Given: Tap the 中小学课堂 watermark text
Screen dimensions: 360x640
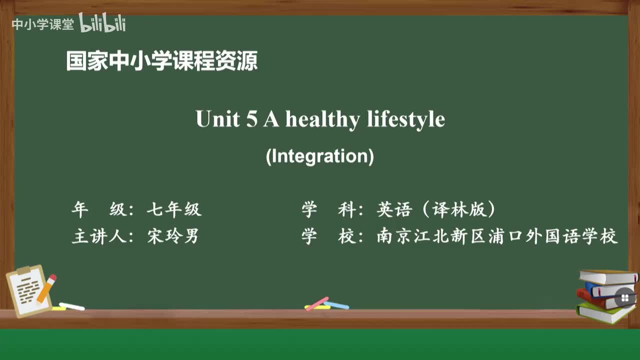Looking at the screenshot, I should (x=42, y=24).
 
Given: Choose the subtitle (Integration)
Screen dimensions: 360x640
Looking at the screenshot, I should (x=319, y=156).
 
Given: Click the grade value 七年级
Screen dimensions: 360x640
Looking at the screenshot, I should (x=174, y=209).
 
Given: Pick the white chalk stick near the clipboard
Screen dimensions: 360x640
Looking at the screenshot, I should (x=72, y=306).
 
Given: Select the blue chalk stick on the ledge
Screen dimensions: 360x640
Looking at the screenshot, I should (x=336, y=305).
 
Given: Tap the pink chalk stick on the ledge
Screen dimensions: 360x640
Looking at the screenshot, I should (x=317, y=303).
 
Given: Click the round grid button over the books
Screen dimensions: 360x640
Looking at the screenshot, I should (x=624, y=298).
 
